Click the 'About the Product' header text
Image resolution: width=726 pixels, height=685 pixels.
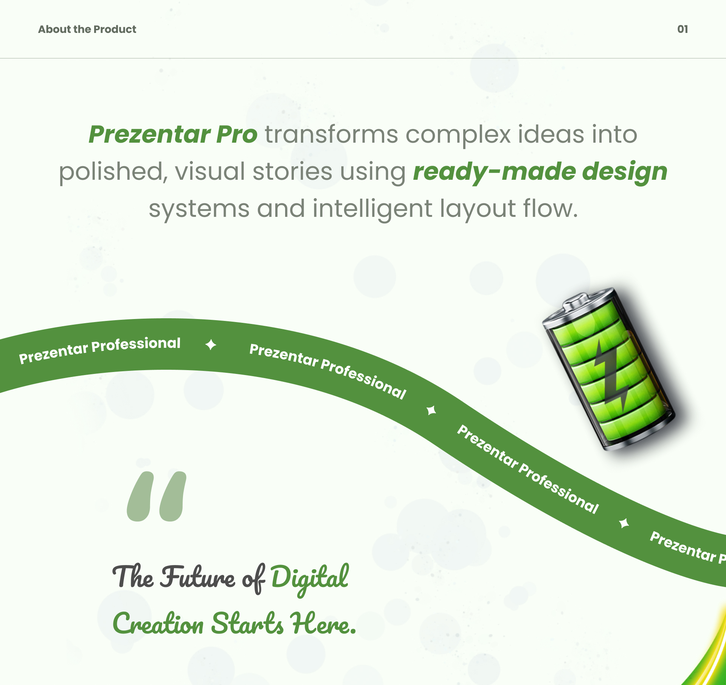(87, 29)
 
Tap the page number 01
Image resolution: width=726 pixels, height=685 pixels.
(683, 29)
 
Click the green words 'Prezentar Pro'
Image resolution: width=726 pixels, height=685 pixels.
(173, 135)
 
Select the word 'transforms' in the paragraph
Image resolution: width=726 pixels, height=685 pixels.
(331, 134)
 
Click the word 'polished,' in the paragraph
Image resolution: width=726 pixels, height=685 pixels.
(112, 172)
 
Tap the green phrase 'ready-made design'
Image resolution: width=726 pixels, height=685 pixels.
(540, 172)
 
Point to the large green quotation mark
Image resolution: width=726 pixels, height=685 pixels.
(157, 496)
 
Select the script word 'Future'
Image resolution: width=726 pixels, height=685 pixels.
(198, 576)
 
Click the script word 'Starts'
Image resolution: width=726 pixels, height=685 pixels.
(247, 623)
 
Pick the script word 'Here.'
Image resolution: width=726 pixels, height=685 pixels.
(323, 623)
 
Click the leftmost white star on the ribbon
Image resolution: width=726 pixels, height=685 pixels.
(211, 345)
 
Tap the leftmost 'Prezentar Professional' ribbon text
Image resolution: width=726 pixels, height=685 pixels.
(100, 350)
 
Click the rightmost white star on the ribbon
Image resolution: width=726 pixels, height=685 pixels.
(624, 523)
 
